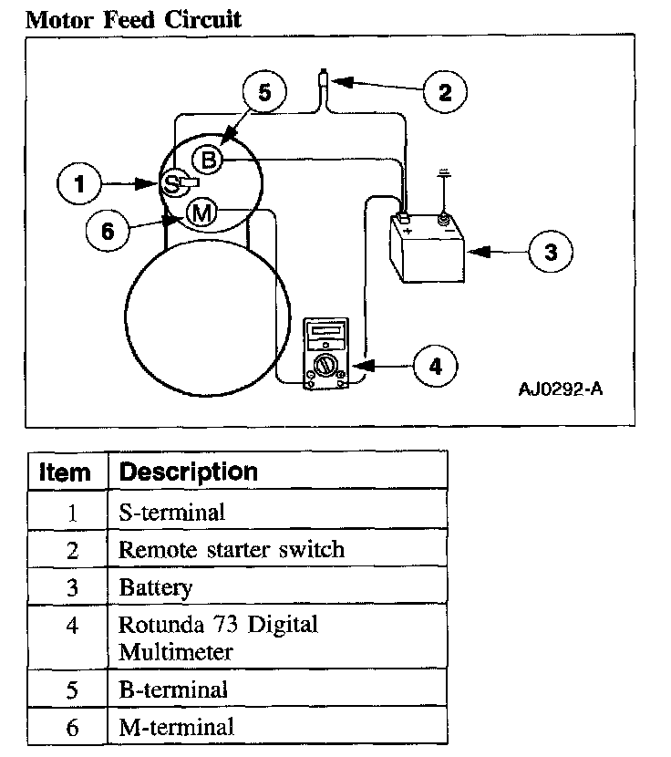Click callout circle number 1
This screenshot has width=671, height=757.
click(x=81, y=185)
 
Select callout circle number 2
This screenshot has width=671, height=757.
click(x=444, y=91)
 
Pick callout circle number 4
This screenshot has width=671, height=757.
click(x=436, y=367)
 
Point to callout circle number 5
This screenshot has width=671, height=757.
click(x=264, y=91)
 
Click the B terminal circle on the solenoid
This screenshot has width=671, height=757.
click(x=208, y=161)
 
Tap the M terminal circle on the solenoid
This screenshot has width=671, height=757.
click(x=201, y=213)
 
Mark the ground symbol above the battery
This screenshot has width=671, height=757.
click(x=445, y=173)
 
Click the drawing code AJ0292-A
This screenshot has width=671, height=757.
click(x=560, y=390)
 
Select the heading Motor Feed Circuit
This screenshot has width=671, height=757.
click(x=133, y=19)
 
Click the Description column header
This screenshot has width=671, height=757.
click(x=189, y=472)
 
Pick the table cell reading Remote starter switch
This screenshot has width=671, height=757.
click(x=232, y=550)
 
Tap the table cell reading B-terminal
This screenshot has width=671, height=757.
click(x=173, y=690)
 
